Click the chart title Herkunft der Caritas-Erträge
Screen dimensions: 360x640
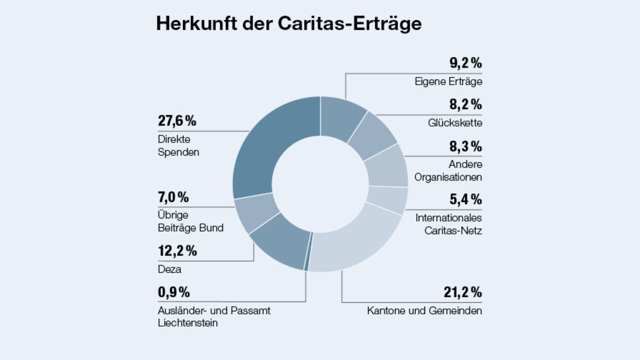tap(289, 24)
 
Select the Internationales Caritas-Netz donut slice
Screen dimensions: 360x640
tap(387, 200)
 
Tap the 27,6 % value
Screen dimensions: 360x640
tap(177, 121)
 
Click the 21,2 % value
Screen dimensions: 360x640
tap(462, 292)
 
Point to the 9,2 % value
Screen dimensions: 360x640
tap(465, 63)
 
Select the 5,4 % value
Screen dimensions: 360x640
tap(465, 199)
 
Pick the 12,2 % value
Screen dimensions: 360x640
tap(177, 251)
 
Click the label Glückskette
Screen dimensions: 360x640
tap(455, 123)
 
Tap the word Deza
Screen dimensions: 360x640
tap(169, 269)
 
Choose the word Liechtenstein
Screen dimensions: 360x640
tap(187, 323)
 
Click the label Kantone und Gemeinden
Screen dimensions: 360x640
tap(424, 311)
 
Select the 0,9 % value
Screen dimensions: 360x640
tap(174, 292)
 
